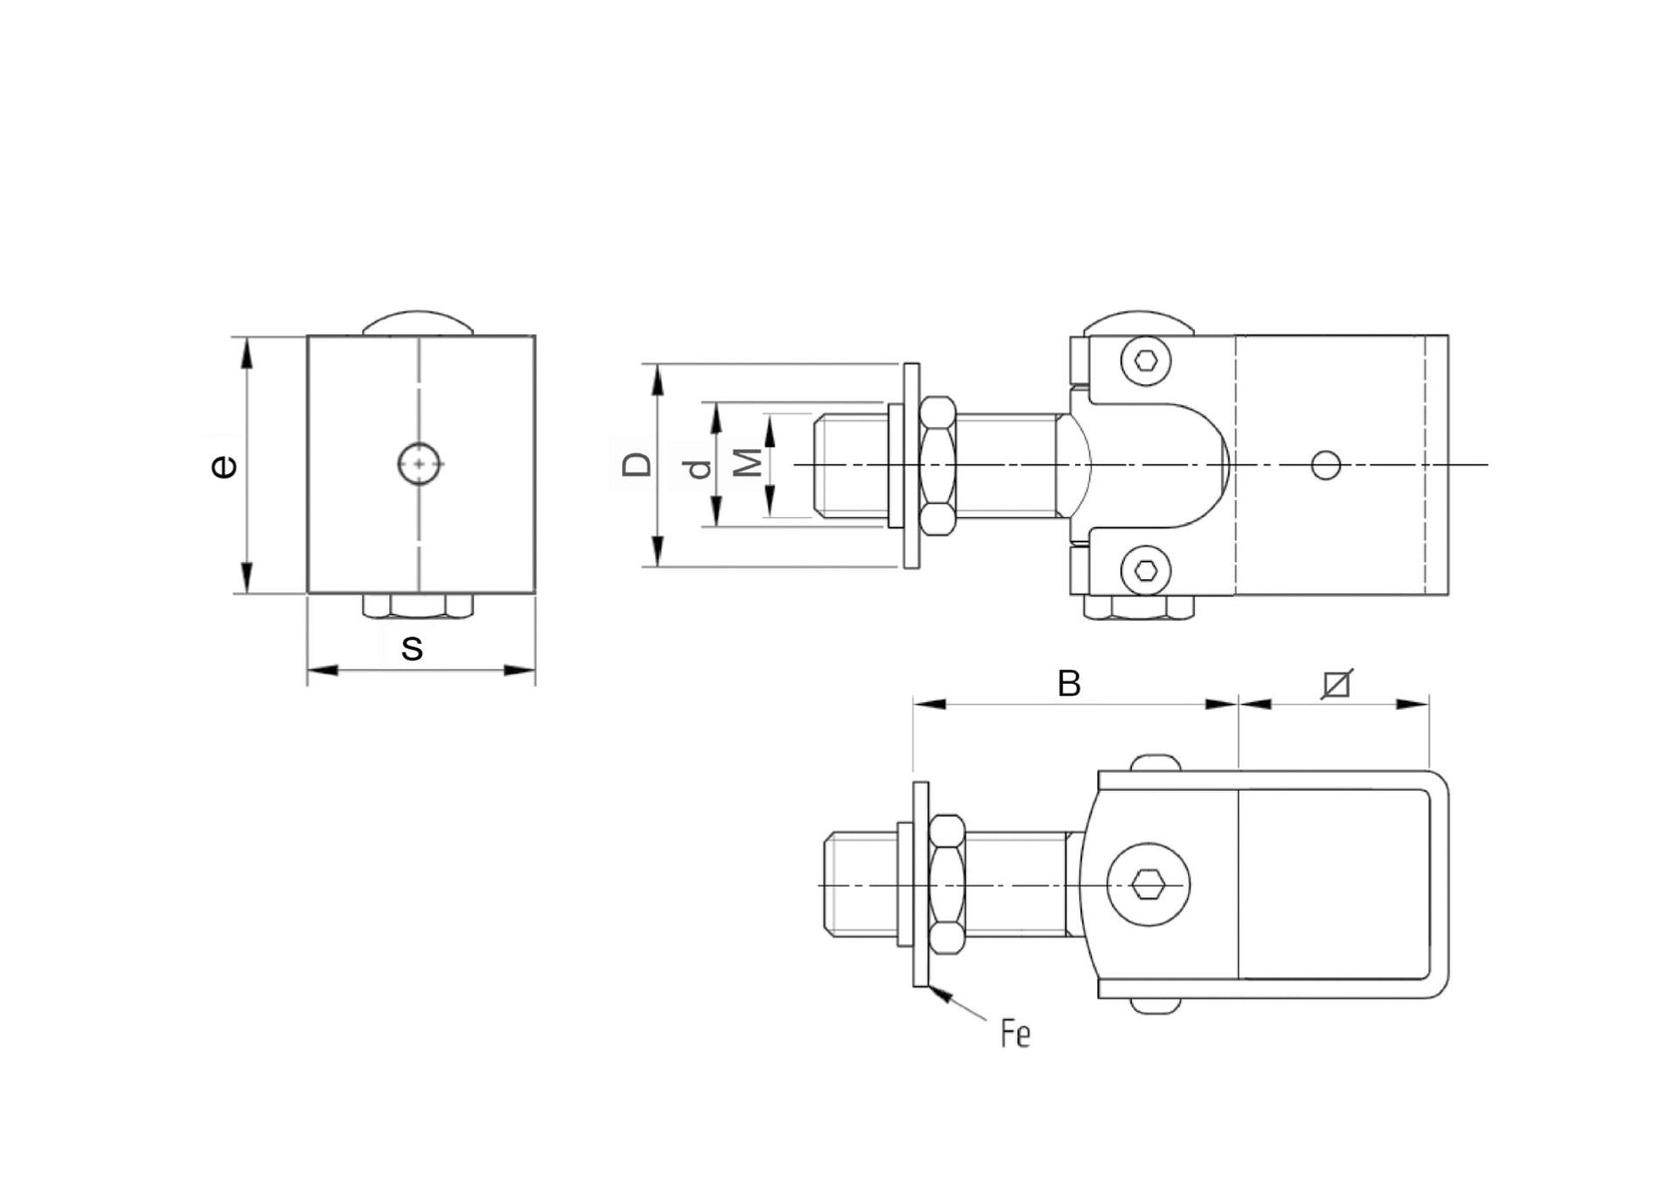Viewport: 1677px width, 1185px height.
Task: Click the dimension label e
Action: [x=225, y=466]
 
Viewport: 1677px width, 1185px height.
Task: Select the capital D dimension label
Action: [x=637, y=464]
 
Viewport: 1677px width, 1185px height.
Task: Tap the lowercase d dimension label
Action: [x=701, y=467]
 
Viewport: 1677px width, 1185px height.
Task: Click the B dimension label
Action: [x=1068, y=684]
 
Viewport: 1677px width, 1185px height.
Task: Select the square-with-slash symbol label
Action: [x=1336, y=684]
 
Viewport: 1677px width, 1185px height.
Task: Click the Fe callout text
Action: [x=1014, y=1035]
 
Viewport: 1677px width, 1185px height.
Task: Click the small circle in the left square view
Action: [x=418, y=464]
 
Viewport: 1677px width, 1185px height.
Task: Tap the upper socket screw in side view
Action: [x=1144, y=360]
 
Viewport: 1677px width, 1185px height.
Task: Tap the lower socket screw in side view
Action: [x=1144, y=570]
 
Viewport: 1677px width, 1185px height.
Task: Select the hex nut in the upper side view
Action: [x=937, y=465]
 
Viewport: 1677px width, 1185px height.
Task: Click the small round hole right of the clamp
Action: [x=1326, y=464]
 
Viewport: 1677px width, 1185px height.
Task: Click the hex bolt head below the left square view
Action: [x=417, y=606]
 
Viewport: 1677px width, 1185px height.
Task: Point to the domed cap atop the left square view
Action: [x=418, y=322]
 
